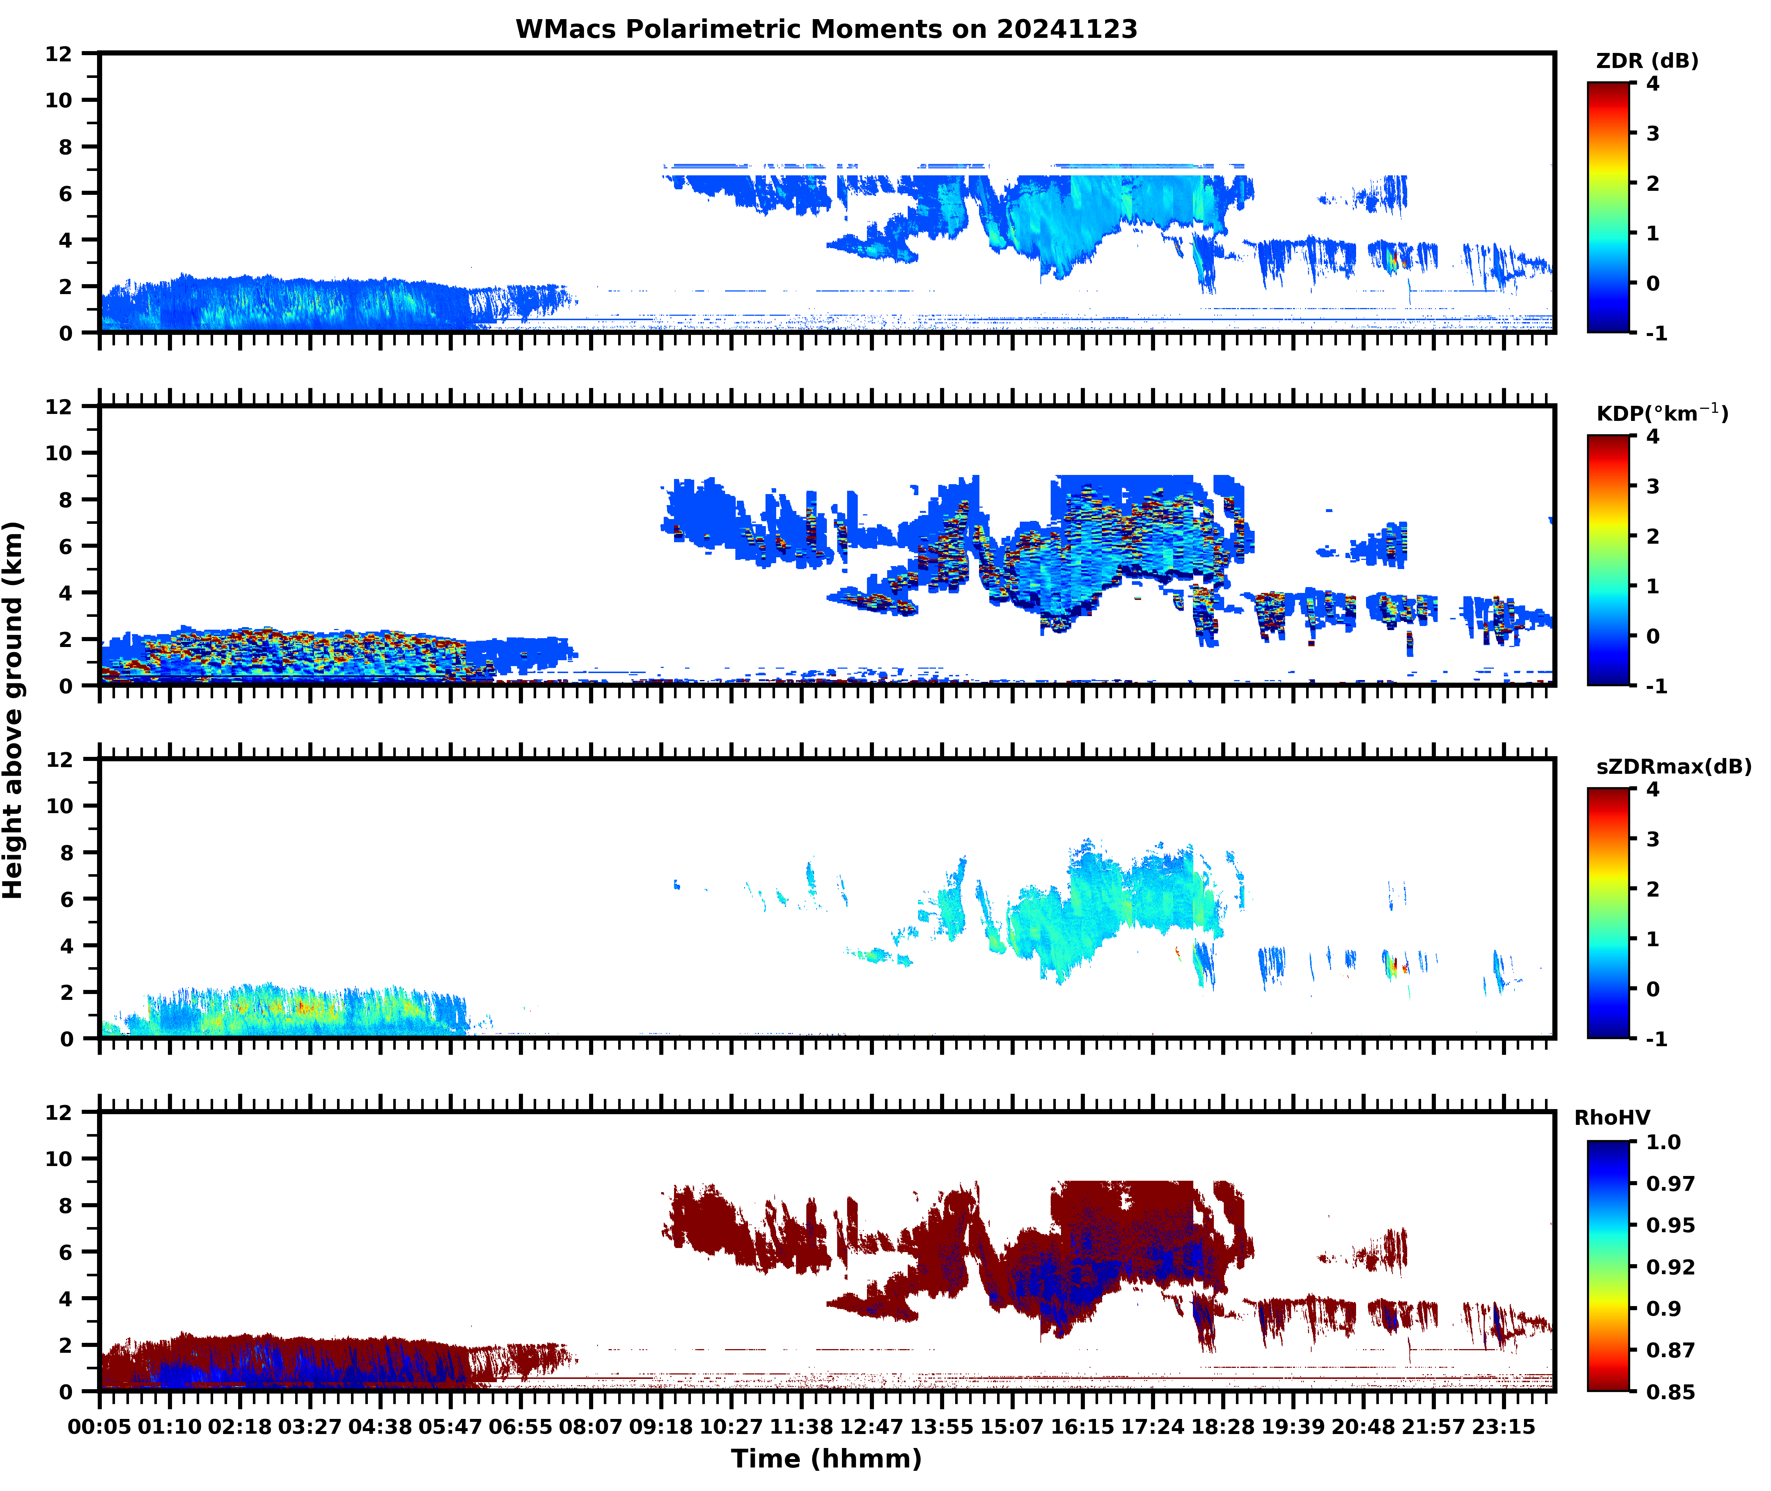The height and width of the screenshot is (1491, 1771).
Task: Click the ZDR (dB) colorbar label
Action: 1647,61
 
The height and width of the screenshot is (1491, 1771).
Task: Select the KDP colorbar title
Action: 1662,413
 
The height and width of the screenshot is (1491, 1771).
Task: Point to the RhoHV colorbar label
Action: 1612,1118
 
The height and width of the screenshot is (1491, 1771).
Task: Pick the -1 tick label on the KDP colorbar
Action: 1657,686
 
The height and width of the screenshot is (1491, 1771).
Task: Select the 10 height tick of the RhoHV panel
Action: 59,1159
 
